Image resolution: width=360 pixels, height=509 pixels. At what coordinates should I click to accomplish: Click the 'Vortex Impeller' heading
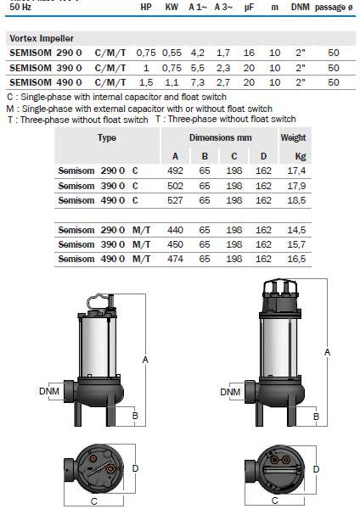42,38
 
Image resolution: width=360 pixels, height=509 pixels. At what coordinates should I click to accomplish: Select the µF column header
249,8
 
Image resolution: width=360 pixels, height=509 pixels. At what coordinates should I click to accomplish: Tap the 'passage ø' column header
334,8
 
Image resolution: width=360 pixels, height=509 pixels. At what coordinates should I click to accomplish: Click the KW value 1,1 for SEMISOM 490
172,82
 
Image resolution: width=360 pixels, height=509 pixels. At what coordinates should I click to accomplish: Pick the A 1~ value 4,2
197,53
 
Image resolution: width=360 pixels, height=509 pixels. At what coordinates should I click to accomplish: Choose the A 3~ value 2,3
223,68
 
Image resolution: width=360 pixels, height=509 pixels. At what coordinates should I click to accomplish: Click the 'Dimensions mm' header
220,137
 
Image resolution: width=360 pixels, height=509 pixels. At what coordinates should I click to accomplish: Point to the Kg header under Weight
301,157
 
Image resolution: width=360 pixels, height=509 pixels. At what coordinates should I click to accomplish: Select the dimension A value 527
175,200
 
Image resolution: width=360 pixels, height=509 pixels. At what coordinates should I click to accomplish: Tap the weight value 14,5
296,230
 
